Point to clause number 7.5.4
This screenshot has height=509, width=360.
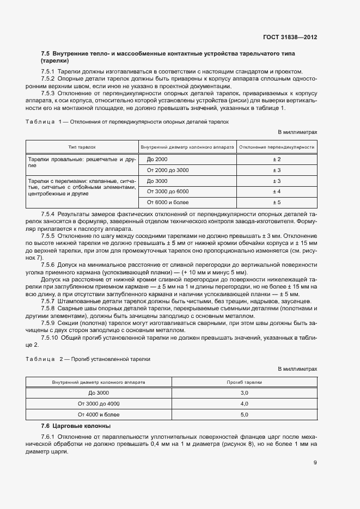pos(49,215)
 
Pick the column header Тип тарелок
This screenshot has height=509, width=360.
pos(82,147)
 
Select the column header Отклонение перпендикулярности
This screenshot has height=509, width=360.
pos(277,147)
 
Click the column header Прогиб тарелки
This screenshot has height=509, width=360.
pos(245,382)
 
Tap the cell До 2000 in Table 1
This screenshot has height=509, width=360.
pos(158,159)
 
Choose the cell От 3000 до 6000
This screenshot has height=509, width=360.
pos(168,192)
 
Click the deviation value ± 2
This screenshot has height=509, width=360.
pos(277,159)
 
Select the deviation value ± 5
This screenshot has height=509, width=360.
pos(277,203)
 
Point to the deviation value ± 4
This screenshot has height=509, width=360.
pos(277,192)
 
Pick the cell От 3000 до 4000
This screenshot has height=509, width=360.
pos(99,403)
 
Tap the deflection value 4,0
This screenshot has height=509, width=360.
pos(245,403)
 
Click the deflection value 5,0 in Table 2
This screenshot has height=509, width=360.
pos(245,414)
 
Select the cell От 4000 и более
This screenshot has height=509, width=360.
pos(99,414)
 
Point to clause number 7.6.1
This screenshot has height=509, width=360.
pos(49,437)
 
